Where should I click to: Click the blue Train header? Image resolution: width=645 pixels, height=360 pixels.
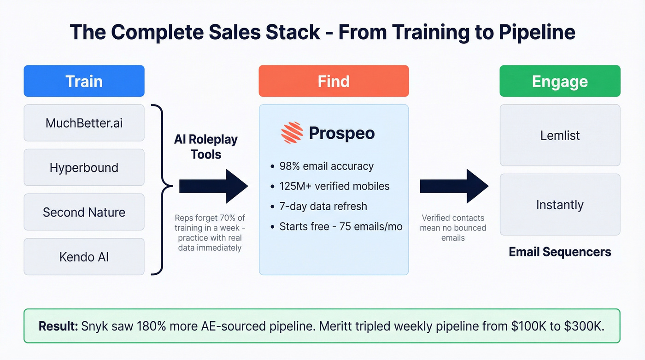click(84, 81)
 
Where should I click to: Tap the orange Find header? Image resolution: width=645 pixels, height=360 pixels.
click(334, 81)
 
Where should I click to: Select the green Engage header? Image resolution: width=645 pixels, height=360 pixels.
click(560, 81)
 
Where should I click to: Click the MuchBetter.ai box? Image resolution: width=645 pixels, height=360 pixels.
click(84, 123)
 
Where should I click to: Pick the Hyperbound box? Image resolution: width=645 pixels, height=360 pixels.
click(84, 167)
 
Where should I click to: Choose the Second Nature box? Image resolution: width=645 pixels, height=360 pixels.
click(84, 212)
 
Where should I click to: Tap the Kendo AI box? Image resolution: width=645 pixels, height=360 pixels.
click(84, 256)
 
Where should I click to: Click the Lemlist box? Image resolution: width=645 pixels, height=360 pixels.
click(560, 136)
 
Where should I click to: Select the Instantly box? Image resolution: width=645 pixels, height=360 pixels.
click(560, 205)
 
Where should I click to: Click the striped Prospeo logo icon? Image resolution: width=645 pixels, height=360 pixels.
click(292, 133)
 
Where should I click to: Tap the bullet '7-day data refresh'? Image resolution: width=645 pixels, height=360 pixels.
click(323, 206)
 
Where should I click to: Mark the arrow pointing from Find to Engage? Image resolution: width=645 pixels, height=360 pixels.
click(454, 186)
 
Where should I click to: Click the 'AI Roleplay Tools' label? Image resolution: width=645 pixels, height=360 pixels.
click(205, 147)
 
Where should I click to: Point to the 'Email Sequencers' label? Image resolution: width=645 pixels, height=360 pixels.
click(560, 252)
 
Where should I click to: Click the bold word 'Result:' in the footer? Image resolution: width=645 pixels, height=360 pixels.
click(58, 326)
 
